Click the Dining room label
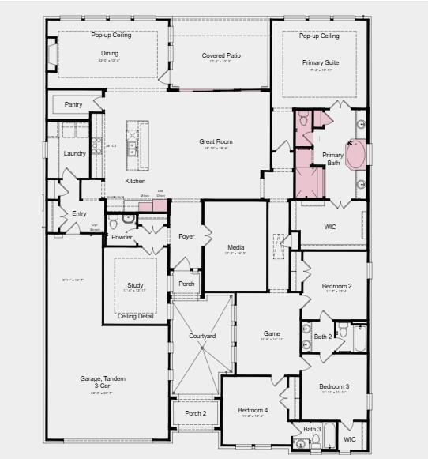coord(109,54)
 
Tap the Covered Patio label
coord(221,55)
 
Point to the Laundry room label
coord(74,153)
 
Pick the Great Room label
coord(216,141)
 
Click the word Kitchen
coord(135,181)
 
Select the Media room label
coord(235,246)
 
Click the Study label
coord(135,285)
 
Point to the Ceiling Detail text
coord(135,316)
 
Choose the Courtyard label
coord(202,337)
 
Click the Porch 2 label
coord(195,412)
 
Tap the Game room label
coord(272,333)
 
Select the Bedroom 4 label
coord(253,410)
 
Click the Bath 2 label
coord(322,337)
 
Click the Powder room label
coord(122,236)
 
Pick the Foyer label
coord(186,236)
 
